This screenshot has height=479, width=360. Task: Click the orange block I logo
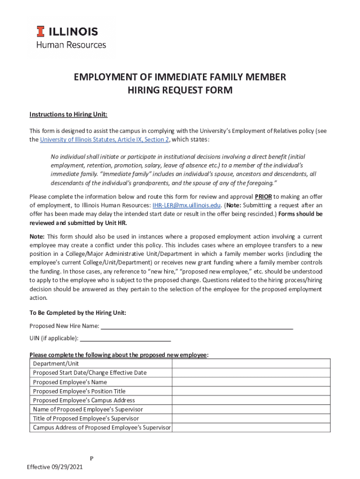(41, 31)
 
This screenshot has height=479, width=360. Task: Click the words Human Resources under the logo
(71, 45)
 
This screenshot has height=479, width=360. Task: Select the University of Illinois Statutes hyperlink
(104, 139)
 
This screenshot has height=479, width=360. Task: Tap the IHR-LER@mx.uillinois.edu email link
(186, 205)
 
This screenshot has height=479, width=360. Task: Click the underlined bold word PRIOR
(263, 196)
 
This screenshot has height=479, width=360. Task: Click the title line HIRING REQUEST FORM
(180, 90)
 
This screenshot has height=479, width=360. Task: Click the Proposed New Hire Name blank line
(197, 326)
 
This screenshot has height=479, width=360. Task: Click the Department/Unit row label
(56, 363)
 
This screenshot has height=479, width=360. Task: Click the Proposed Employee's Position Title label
(79, 391)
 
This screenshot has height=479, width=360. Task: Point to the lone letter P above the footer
(92, 458)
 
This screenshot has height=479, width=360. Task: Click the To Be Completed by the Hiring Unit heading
(78, 312)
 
